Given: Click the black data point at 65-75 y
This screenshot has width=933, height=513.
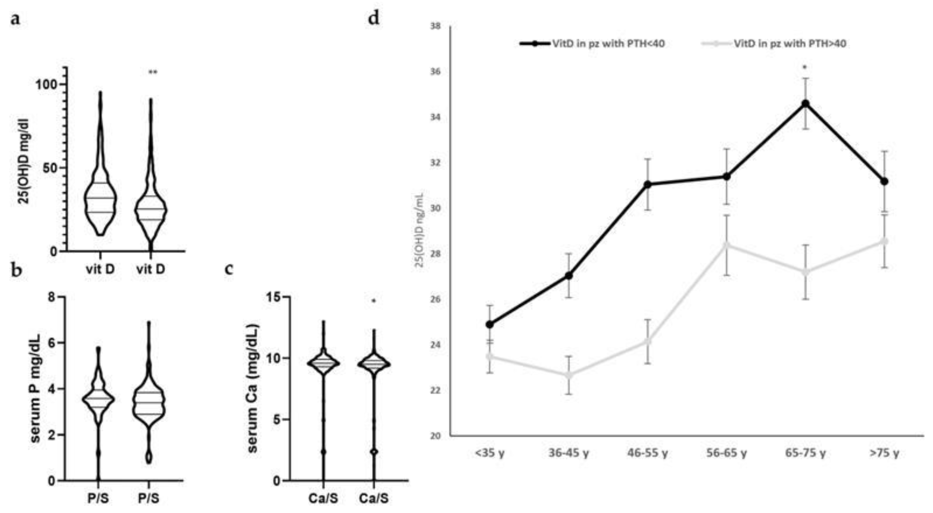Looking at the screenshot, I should pos(805,104).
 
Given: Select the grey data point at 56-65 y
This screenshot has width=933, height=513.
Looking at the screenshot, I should pos(727,245).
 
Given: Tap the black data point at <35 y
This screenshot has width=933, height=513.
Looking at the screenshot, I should pos(490,324).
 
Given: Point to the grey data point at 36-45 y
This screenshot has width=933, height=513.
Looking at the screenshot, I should pos(569,375).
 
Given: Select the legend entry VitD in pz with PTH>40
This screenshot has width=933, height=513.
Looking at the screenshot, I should pos(775,44).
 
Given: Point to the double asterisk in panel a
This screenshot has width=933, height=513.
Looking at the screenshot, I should pos(153,72).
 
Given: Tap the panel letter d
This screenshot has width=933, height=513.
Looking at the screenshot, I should pos(373,18).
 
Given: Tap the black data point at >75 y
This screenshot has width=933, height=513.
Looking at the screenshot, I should pos(884,181).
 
